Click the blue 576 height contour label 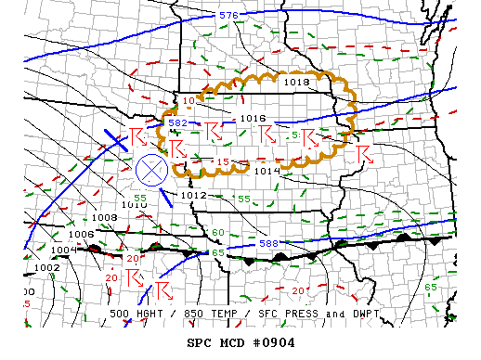point(228,16)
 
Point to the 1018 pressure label point(296,83)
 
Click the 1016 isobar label point(253,118)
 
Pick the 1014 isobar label point(266,171)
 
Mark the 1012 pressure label point(194,196)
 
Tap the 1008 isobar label point(105,217)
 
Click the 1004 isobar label point(63,250)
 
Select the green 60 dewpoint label point(217,233)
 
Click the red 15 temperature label point(223,162)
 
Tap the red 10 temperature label point(188,100)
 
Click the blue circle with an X point(150,170)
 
